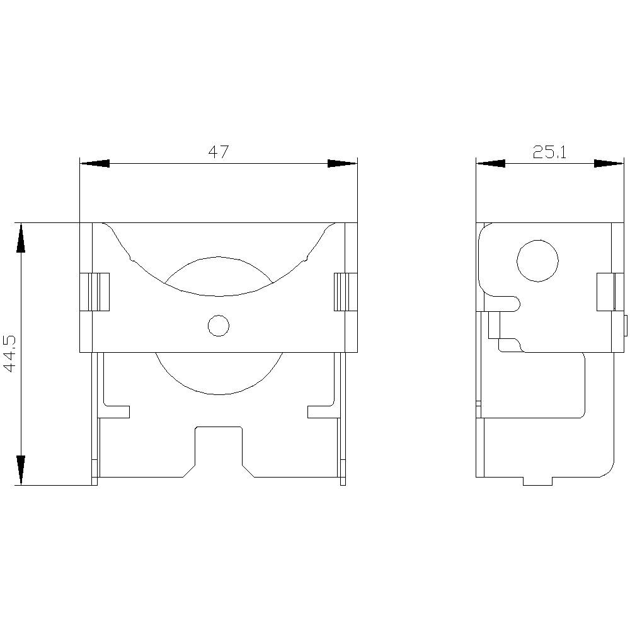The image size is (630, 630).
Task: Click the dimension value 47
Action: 218,152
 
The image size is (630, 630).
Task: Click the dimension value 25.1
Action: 549,152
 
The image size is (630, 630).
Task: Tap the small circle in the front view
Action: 218,325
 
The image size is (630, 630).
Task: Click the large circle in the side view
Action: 537,260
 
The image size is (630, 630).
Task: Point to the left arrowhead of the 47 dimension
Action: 94,164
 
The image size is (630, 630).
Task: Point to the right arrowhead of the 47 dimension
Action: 342,164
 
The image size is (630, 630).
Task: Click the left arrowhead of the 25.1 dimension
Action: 490,164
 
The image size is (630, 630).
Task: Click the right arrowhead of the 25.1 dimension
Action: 609,164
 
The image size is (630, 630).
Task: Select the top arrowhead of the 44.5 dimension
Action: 21,238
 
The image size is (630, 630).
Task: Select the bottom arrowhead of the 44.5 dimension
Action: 21,470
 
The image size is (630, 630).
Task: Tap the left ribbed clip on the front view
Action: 94,292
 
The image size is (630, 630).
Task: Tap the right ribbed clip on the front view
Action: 345,292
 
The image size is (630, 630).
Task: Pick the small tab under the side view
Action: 537,481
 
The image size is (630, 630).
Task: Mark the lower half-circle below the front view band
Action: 218,375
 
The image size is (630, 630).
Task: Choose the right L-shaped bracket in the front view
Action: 321,409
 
